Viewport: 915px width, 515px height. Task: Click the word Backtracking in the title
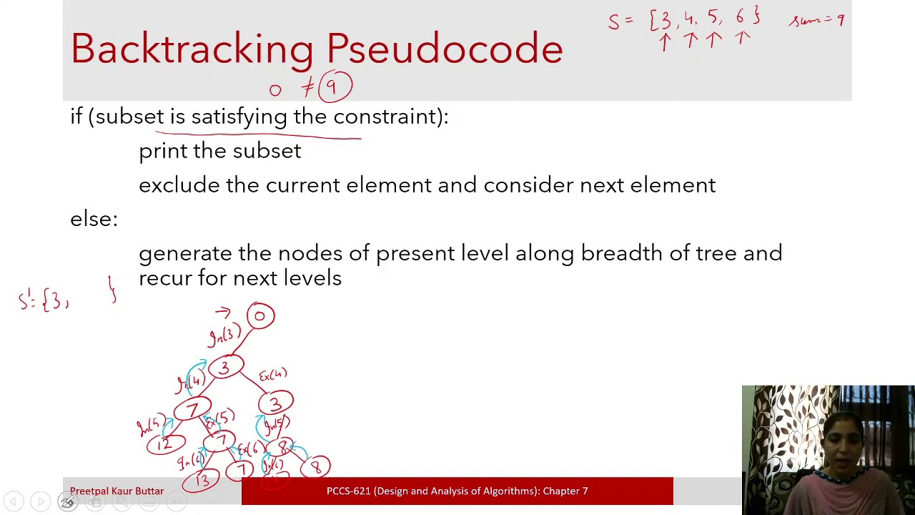[192, 49]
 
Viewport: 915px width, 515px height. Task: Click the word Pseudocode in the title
[445, 49]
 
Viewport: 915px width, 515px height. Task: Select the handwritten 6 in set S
[741, 18]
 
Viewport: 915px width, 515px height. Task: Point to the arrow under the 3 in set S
[665, 42]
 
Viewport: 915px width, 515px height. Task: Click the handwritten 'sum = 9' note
[816, 20]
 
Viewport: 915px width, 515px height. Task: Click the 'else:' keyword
[94, 219]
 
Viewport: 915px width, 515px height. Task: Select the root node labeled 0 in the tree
[261, 316]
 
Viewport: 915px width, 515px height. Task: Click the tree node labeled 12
[165, 444]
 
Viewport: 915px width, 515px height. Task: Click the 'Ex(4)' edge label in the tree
[272, 375]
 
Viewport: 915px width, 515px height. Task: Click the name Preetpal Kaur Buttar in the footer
[117, 491]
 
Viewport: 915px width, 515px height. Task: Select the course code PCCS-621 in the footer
[347, 491]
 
